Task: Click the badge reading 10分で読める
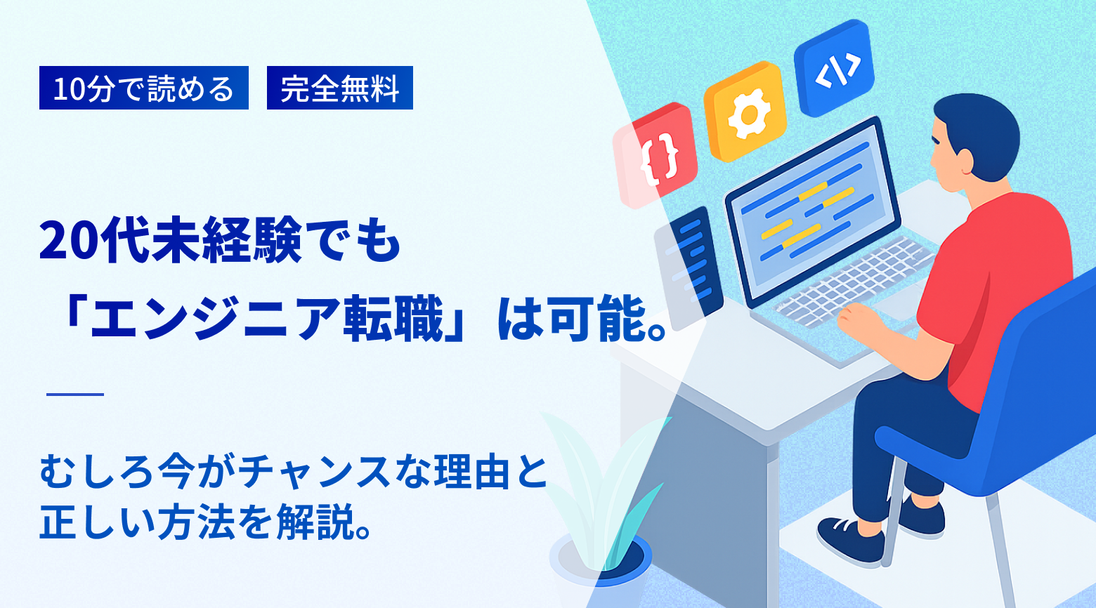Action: point(143,88)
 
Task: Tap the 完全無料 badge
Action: point(339,88)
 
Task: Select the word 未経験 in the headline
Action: point(201,241)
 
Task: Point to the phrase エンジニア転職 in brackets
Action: point(264,319)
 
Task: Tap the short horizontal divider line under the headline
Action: point(75,395)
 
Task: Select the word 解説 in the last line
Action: point(314,523)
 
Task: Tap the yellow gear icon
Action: point(744,112)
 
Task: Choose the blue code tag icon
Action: point(835,68)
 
